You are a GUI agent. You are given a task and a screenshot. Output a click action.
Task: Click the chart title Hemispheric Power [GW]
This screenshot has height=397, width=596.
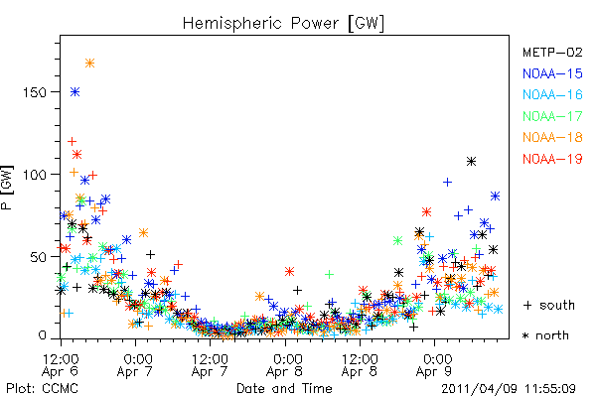coord(283,23)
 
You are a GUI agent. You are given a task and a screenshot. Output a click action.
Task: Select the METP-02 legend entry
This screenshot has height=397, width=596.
coord(552,52)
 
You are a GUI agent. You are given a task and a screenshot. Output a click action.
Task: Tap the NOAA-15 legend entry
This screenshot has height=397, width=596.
coord(552,73)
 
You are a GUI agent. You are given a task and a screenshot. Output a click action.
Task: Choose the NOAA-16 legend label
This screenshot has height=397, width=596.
coord(552,94)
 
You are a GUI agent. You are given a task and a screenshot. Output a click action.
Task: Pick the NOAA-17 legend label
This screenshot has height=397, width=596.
coord(552,116)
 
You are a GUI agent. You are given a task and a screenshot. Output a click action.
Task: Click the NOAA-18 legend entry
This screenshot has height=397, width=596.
coord(552,137)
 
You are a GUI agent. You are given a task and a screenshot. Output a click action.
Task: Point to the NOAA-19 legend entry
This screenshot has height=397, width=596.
coord(552,159)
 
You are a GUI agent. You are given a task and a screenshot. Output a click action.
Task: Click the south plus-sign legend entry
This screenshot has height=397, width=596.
coord(549,305)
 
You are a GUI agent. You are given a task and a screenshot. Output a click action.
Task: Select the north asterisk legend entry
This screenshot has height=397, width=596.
coord(545,335)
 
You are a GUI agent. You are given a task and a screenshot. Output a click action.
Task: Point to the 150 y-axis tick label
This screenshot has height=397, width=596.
coord(34,92)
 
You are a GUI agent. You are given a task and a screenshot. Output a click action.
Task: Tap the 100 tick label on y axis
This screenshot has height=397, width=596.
coord(34,175)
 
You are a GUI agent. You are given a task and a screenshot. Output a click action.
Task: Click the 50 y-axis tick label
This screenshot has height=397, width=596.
coord(39,257)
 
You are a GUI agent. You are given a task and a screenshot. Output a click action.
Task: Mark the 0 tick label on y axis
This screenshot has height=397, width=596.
coord(42,335)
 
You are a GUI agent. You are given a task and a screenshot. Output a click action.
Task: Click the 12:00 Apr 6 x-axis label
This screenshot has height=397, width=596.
coord(61,365)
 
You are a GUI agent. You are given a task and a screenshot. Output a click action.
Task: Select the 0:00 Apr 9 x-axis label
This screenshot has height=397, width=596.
coord(434,365)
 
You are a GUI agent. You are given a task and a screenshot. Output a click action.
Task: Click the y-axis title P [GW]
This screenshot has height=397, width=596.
coord(7,188)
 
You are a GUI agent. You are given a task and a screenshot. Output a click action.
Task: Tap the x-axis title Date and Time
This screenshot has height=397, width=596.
coord(284,389)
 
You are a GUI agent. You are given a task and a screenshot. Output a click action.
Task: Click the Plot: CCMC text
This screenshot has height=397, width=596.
coord(42,389)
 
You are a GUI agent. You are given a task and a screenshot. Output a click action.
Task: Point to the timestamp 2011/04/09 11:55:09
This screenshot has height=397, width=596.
coord(509,389)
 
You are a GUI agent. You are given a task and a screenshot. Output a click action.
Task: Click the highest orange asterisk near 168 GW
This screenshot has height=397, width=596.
coord(89,64)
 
